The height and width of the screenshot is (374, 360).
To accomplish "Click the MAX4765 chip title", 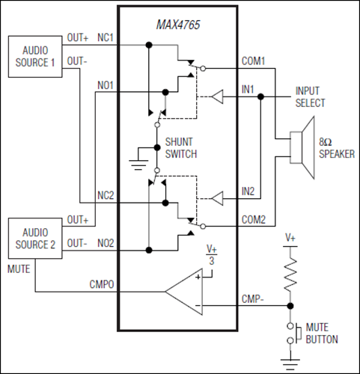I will (x=177, y=26).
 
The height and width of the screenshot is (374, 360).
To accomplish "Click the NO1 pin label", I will (x=106, y=85).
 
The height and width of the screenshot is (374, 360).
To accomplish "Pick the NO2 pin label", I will (x=106, y=243).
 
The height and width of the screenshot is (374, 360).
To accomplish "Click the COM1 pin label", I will (x=252, y=60).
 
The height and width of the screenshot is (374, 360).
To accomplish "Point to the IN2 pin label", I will (x=248, y=191).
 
